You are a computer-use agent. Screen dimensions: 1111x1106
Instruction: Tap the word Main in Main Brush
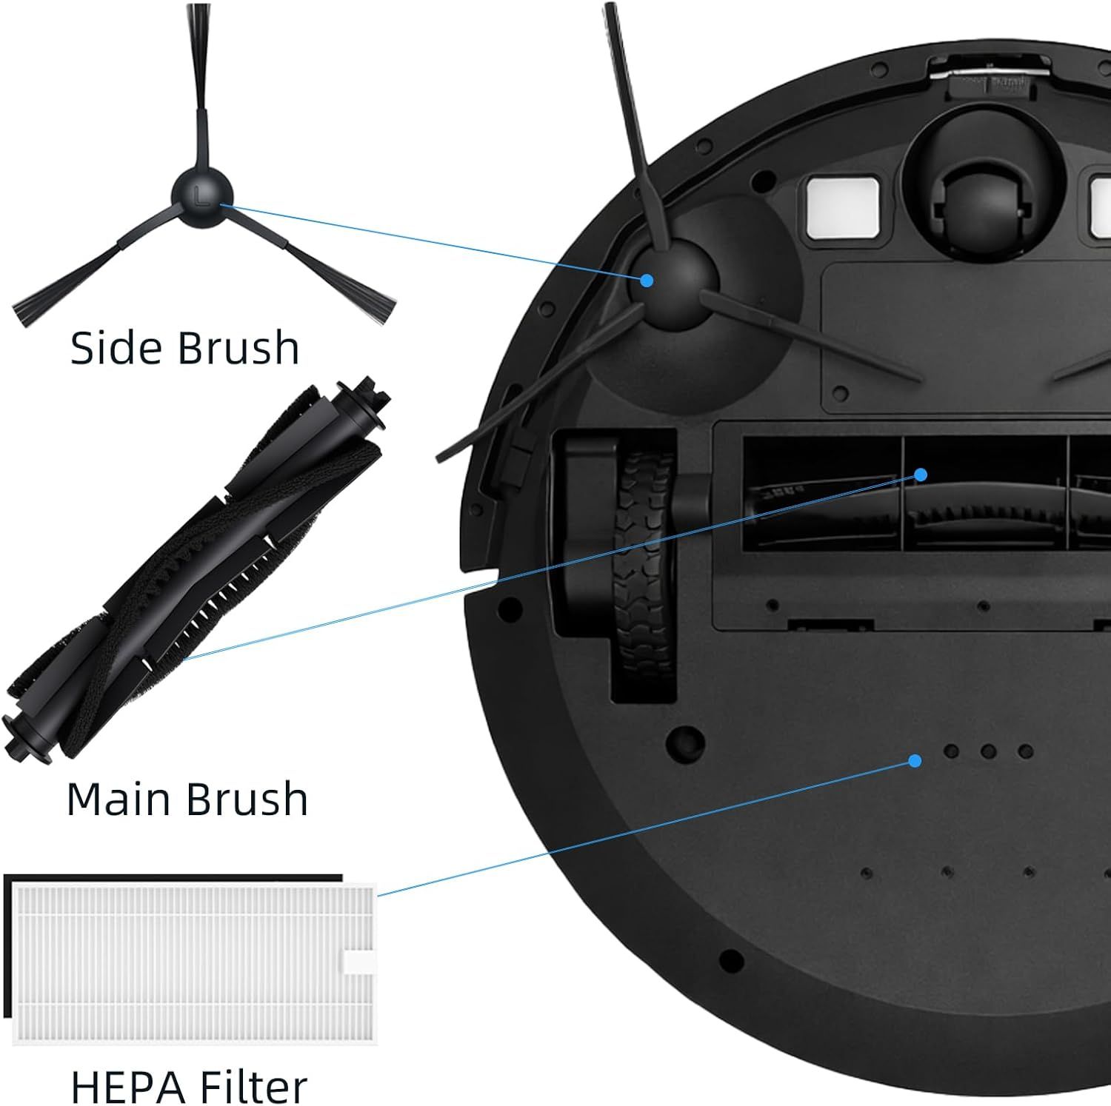click(x=120, y=799)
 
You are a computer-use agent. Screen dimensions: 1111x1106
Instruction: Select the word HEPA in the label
click(x=125, y=1086)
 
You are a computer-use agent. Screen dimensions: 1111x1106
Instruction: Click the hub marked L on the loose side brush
click(x=201, y=195)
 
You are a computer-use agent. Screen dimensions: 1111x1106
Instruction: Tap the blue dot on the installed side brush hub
click(x=647, y=281)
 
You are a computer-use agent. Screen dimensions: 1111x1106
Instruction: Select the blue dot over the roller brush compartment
click(x=921, y=475)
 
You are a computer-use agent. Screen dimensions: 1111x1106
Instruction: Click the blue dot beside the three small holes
click(x=915, y=761)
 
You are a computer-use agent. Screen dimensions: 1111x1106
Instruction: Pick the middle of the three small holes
click(x=988, y=751)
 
